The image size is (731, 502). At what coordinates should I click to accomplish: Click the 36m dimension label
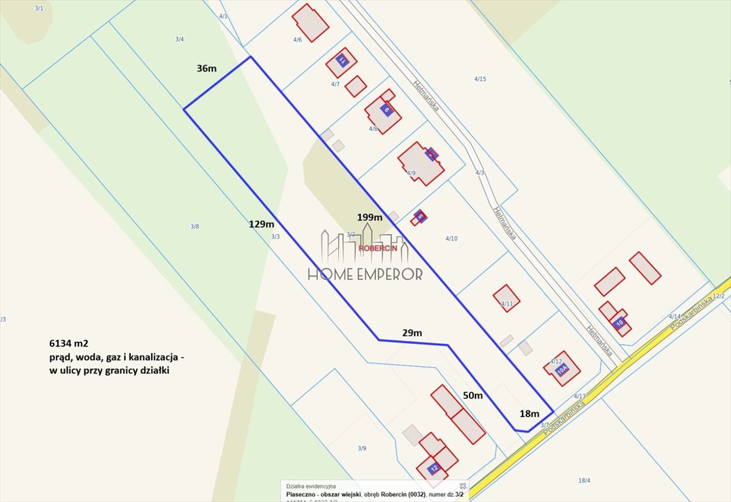tap(207, 69)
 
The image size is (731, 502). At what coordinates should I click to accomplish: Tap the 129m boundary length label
tap(262, 224)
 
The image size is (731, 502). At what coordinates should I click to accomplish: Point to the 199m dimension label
tap(369, 217)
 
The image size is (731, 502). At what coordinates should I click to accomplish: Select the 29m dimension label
tap(412, 333)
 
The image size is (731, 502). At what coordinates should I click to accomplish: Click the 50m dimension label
tap(473, 395)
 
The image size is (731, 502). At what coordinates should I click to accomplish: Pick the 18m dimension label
tap(529, 413)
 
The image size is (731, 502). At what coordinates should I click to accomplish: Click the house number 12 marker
tap(433, 468)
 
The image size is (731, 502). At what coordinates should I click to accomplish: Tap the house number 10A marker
tap(562, 369)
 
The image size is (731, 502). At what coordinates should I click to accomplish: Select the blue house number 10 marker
tap(619, 322)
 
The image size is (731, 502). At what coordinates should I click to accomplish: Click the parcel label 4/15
tap(480, 79)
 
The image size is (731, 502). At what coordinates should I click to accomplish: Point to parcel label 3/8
tap(194, 227)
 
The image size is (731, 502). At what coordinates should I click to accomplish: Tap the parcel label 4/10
tap(451, 239)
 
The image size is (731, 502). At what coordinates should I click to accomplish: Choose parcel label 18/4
tap(584, 480)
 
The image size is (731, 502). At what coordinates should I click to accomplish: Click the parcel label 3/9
tap(362, 448)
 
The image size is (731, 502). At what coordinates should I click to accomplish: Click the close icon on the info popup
tap(463, 486)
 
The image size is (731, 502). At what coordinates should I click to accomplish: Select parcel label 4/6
tap(297, 40)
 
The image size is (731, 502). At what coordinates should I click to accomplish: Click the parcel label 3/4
tap(179, 39)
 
